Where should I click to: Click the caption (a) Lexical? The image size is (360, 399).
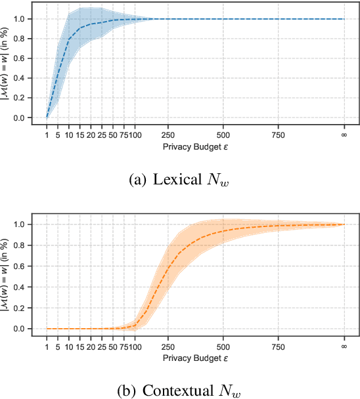coord(180,180)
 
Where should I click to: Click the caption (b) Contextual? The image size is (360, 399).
coord(180,392)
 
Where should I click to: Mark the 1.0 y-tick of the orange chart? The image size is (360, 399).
coord(24,224)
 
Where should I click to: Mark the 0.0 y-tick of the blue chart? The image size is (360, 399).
coord(24,118)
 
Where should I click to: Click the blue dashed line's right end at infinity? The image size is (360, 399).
coord(344,19)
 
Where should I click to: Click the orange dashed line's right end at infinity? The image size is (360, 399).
coord(344,224)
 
